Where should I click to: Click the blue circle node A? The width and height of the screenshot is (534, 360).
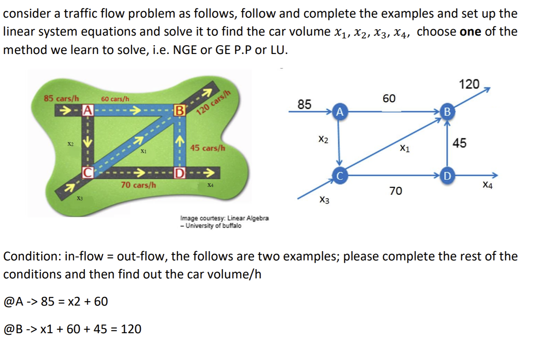point(339,112)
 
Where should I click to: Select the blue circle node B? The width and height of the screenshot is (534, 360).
point(447,112)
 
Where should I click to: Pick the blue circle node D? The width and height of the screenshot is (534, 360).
point(447,175)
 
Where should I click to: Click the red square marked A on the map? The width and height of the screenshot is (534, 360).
point(88,109)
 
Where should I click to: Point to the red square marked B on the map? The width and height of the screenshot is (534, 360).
point(180,110)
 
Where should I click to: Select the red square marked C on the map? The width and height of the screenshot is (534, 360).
point(88,172)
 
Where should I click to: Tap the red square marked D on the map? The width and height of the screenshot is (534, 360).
point(180,173)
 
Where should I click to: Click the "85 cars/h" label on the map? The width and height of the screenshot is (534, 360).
point(62,98)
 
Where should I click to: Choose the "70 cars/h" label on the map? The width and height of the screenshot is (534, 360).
point(138,185)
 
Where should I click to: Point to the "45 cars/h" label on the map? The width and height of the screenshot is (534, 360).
point(208,148)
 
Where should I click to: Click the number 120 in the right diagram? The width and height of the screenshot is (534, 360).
point(469,84)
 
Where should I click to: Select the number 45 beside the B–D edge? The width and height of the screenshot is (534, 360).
point(459,143)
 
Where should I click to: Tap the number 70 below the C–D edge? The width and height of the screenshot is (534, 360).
point(395,191)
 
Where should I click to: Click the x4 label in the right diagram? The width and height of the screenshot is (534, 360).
point(487,185)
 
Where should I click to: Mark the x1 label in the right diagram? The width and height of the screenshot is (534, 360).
point(404,148)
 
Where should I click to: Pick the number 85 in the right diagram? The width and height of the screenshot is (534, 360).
point(304,104)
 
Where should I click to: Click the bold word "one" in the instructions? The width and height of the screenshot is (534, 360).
point(471,32)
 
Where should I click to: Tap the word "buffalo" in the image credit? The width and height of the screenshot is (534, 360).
point(232,226)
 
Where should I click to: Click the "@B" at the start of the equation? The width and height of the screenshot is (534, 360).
point(12,329)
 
